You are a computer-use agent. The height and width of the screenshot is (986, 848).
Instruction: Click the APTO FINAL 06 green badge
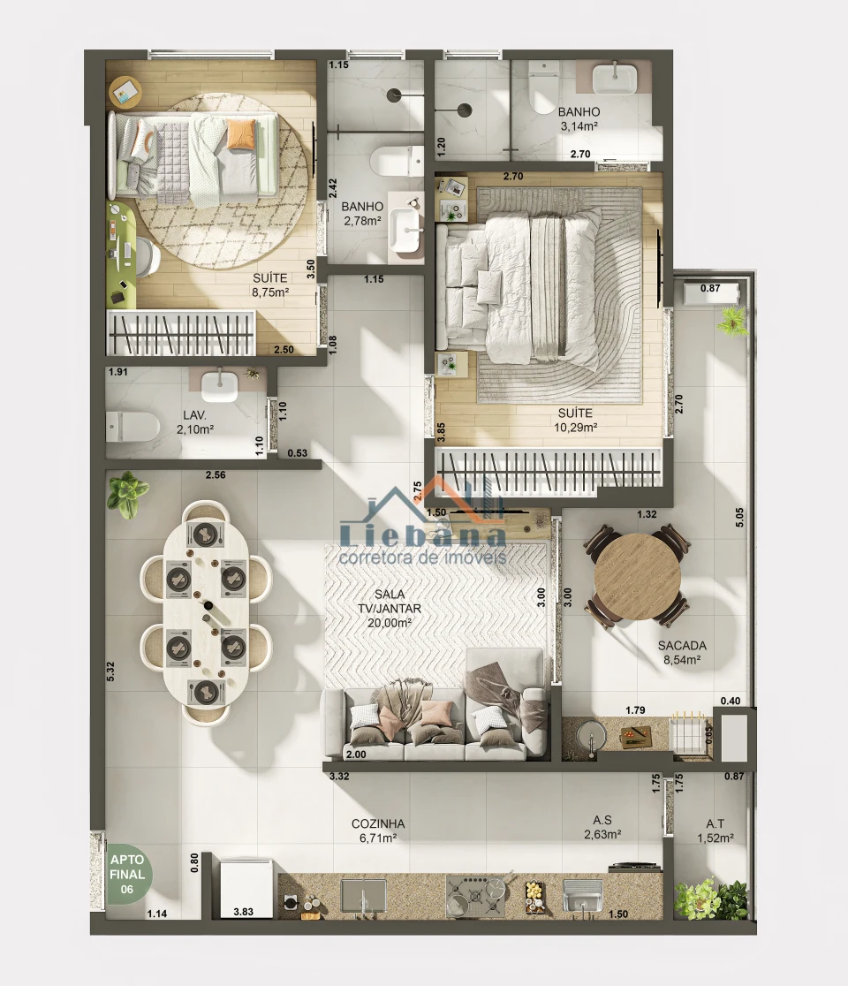128,874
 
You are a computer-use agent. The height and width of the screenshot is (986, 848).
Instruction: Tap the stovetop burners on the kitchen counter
478,896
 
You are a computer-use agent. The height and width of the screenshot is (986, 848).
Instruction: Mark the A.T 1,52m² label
715,831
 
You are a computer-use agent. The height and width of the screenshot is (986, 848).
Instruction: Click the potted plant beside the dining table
126,492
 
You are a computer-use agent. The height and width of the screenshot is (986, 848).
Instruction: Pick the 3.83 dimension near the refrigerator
243,911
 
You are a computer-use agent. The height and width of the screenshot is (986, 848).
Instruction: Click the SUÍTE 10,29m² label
574,420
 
